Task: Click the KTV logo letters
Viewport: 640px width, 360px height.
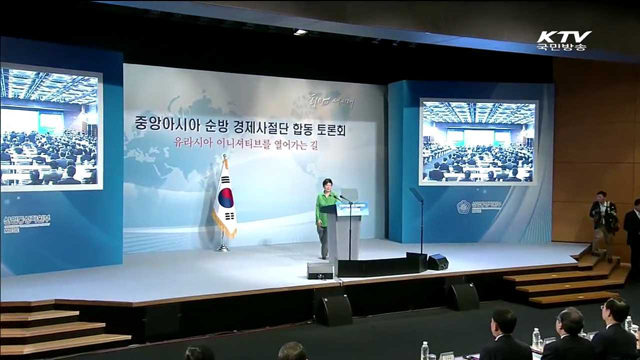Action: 564,37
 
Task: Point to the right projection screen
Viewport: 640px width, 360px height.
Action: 477,141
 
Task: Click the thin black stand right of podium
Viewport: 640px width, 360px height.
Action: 418,224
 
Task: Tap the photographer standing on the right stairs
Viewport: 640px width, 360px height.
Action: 602,221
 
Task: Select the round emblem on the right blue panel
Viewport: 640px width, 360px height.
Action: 463,207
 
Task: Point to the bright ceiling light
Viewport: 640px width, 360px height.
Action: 300,32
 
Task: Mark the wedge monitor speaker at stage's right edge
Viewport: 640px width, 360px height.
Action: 437,262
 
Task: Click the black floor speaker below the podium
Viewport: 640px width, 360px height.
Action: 320,270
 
